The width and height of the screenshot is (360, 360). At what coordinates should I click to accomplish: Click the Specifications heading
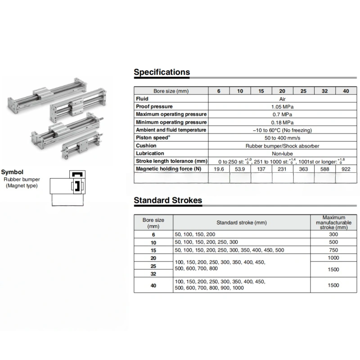pos(162,72)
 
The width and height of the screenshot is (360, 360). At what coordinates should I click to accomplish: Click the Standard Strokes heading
pos(168,200)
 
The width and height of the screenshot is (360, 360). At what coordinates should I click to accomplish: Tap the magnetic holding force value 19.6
pos(219,169)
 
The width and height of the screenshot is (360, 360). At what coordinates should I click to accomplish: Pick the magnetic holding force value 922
pos(346,169)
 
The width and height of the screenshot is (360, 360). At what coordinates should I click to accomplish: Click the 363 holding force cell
pos(303,169)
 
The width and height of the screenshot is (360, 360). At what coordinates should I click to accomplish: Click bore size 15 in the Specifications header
pos(261,91)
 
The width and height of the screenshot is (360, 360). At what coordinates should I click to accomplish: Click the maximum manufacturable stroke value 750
pos(333,250)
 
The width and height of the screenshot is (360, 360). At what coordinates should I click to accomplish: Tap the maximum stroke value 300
pos(333,234)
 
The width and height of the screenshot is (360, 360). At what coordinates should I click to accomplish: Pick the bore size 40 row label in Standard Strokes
pos(153,285)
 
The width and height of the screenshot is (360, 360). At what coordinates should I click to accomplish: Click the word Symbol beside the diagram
pos(13,172)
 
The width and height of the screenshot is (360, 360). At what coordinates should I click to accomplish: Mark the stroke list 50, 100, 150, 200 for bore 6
pos(195,234)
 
